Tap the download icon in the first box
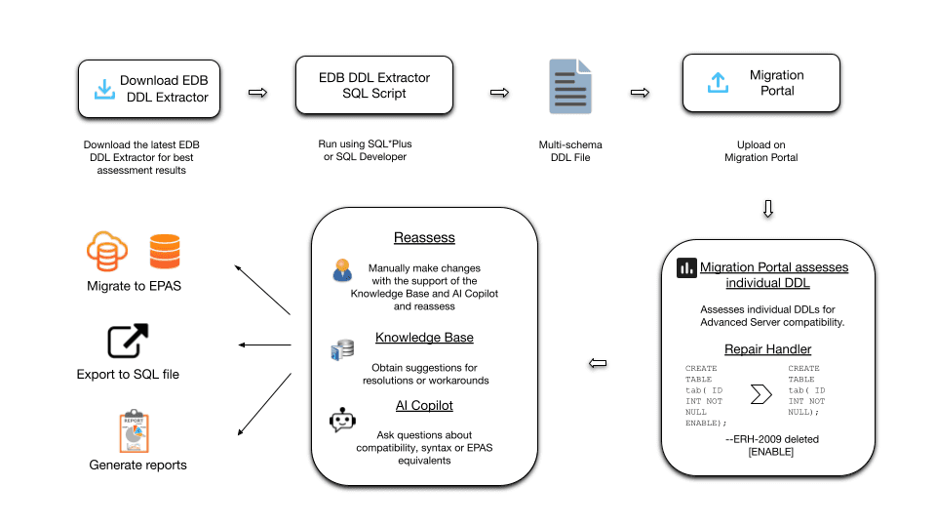[103, 89]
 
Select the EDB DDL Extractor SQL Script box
[374, 85]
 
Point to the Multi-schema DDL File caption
[570, 151]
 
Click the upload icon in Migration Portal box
[717, 83]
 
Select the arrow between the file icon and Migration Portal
[641, 93]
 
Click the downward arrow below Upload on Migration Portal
[768, 209]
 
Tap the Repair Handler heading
[767, 348]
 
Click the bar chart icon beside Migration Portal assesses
[686, 267]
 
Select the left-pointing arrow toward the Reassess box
[599, 364]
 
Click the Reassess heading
[424, 238]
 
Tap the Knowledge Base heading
[424, 338]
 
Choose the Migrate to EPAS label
[134, 286]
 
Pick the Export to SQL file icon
[128, 342]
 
